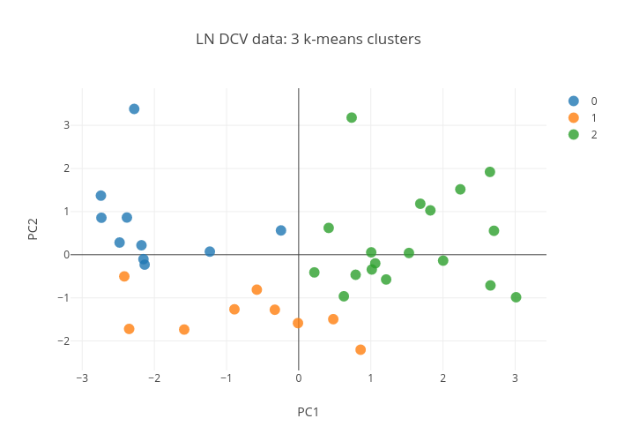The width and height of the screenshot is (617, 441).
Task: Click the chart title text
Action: [x=308, y=40]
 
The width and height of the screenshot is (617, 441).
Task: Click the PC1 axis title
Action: [x=308, y=412]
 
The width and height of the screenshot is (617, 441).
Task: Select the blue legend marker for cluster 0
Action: [x=574, y=101]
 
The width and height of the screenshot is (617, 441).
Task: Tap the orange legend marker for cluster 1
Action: [x=574, y=118]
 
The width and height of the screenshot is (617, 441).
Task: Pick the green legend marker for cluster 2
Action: [x=574, y=135]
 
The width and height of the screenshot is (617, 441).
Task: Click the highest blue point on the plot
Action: [x=134, y=109]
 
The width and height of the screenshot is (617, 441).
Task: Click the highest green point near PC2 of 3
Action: [x=352, y=117]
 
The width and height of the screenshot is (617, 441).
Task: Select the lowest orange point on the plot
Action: [x=361, y=349]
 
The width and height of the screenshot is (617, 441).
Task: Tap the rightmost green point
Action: [x=516, y=297]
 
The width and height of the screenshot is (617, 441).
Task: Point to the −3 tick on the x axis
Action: [x=82, y=378]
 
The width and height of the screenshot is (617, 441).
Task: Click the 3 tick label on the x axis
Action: [x=516, y=378]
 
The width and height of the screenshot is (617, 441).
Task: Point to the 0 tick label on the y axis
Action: [x=66, y=255]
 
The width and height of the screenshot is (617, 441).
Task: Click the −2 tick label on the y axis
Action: [x=63, y=341]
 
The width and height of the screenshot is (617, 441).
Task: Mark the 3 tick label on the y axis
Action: [x=66, y=126]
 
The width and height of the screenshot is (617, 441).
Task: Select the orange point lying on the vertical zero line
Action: [x=298, y=323]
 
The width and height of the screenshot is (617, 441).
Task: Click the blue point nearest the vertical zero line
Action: [x=280, y=230]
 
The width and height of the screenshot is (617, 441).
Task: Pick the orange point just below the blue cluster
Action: [x=124, y=276]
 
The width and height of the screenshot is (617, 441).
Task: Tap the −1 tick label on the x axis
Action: [x=227, y=378]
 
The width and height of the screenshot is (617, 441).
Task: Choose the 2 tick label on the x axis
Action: [x=443, y=378]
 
